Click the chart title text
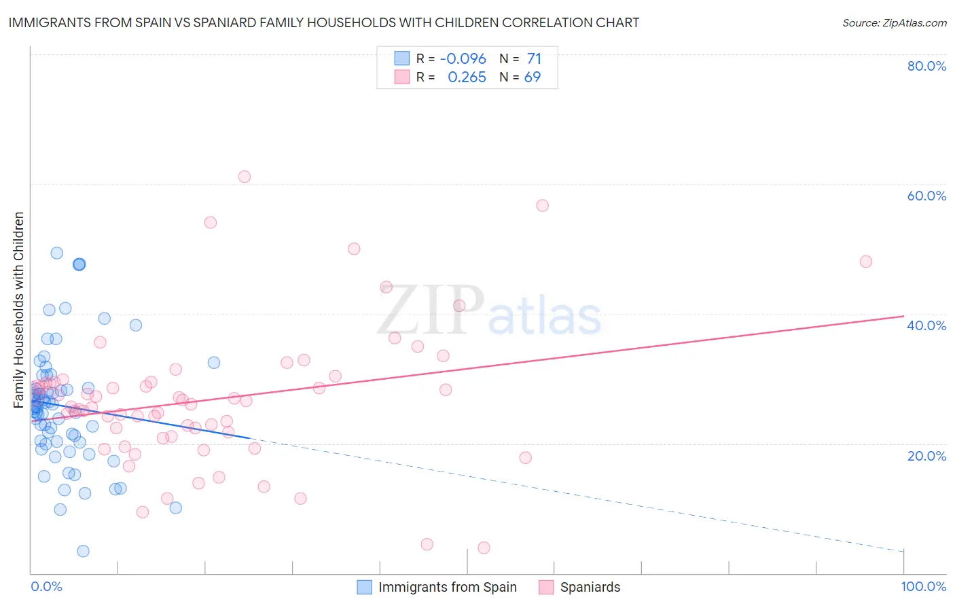[x=324, y=22]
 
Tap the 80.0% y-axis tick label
[x=926, y=66]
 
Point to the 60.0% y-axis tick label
[x=926, y=196]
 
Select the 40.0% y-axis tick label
[x=926, y=325]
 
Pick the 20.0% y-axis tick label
[x=926, y=455]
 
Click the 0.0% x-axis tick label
[x=46, y=586]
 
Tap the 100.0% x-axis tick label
[x=924, y=586]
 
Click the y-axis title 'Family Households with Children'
[x=19, y=310]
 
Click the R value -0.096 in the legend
[x=463, y=59]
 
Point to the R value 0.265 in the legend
[x=467, y=77]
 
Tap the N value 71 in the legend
[x=534, y=59]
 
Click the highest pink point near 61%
[x=245, y=177]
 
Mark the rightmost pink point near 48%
[x=865, y=262]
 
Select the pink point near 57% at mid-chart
[x=542, y=205]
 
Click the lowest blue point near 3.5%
[x=83, y=551]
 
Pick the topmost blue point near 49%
[x=57, y=253]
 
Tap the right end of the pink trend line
[x=903, y=316]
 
